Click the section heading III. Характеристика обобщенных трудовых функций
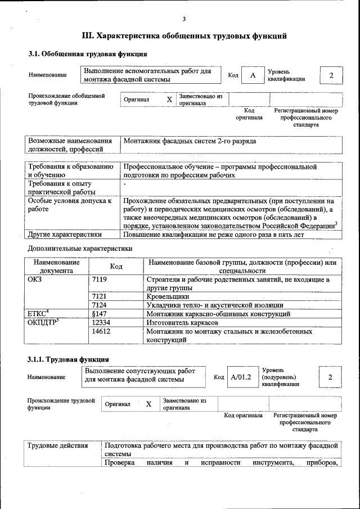[184, 36]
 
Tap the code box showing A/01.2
[241, 377]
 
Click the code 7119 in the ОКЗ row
[99, 279]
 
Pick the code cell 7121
[99, 296]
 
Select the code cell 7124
[99, 305]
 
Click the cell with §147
[99, 314]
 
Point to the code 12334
[101, 323]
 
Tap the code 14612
[101, 332]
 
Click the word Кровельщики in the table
[168, 296]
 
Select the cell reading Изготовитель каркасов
[182, 323]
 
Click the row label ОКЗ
[34, 279]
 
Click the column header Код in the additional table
[116, 266]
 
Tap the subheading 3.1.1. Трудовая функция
[68, 359]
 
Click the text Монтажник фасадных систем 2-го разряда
[190, 141]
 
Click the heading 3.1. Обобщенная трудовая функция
[88, 55]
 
